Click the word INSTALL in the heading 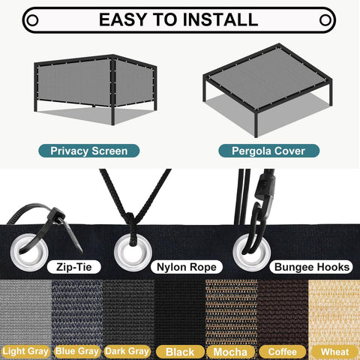tap(220, 19)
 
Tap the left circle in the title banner tap(32, 20)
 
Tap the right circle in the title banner tap(325, 20)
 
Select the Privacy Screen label tap(89, 151)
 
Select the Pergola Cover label tap(268, 151)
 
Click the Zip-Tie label tap(74, 267)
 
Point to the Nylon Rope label tap(187, 267)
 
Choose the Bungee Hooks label tap(311, 267)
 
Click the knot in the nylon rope tap(130, 217)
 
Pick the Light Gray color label tap(25, 351)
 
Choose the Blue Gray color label tap(77, 351)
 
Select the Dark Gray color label tap(127, 351)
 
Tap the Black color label tap(180, 352)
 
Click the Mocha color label tap(230, 352)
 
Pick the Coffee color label tap(283, 352)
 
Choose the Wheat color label tap(334, 352)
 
